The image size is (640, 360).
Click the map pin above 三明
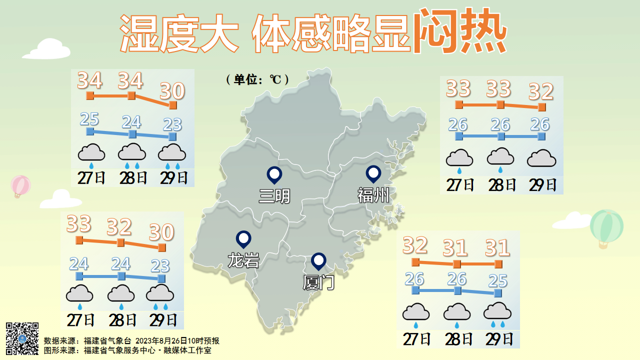point(274,174)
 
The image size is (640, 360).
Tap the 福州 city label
point(373,194)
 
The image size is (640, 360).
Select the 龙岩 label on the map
point(243,260)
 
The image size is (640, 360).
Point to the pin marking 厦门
point(318,261)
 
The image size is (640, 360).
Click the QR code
point(22,338)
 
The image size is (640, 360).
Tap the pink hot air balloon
point(20,186)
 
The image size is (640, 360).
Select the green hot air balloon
point(606,227)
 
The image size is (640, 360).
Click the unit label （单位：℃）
point(257,79)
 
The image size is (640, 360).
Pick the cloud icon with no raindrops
point(541,158)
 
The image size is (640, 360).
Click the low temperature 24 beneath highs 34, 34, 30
point(131,122)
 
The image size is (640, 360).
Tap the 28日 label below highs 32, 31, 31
point(458,339)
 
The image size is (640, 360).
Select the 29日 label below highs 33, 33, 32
point(543,185)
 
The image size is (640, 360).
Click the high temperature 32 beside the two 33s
point(541,92)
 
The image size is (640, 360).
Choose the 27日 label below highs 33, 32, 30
point(80,319)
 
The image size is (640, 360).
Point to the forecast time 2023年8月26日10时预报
point(177,341)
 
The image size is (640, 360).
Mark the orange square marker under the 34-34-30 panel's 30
point(173,105)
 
